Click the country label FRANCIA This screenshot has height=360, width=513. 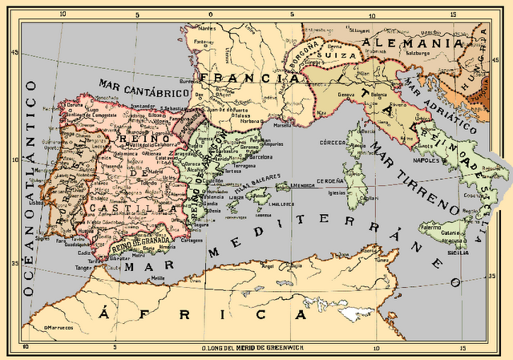(x=244, y=79)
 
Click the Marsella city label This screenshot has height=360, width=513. (x=282, y=125)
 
